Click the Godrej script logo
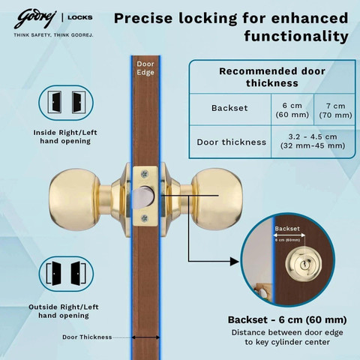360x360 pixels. point(35,19)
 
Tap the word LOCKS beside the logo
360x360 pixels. point(80,17)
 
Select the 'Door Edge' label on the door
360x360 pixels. point(145,68)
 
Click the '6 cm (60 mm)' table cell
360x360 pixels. point(292,110)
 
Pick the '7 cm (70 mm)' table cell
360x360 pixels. point(335,110)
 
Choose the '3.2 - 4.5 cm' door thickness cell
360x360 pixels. point(313,141)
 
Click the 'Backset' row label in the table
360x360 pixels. point(229,108)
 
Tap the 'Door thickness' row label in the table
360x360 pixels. point(231,142)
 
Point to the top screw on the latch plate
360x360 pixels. point(145,173)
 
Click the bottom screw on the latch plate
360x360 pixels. point(145,218)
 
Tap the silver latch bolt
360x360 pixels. point(142,197)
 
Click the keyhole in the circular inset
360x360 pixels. point(303,264)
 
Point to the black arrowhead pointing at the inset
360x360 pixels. point(235,262)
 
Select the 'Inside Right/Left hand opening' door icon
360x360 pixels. point(66,103)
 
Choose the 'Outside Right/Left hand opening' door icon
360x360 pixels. point(66,274)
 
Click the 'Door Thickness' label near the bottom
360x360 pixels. point(87,337)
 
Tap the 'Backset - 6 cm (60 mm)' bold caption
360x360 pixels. point(287,319)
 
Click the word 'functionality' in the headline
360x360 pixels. point(296,36)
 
